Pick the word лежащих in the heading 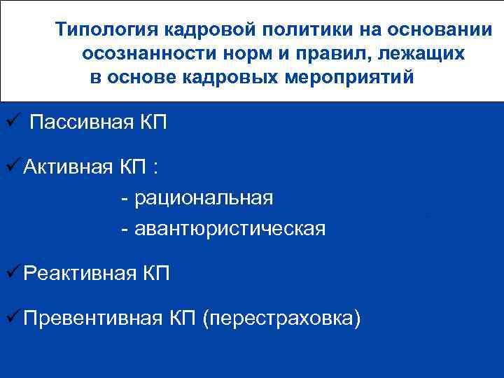423,54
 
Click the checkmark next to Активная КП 12,167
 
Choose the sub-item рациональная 203,198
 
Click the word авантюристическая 230,228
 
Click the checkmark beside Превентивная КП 12,318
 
